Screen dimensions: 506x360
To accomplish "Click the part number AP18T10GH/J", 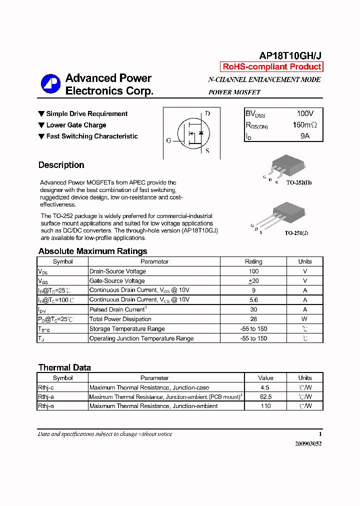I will (290, 56).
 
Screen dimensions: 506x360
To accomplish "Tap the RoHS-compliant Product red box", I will (271, 67).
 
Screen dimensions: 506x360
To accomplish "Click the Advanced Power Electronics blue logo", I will (50, 83).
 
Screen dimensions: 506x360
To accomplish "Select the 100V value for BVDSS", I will (305, 114).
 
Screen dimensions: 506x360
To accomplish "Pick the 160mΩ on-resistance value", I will (304, 125).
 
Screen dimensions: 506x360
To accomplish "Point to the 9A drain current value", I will (304, 136).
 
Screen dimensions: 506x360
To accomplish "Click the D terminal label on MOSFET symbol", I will (207, 113).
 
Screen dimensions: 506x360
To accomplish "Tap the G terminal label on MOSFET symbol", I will (168, 140).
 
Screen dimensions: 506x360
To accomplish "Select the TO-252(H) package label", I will (299, 182).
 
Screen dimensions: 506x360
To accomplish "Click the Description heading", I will (61, 165).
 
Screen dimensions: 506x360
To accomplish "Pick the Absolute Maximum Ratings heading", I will (92, 251).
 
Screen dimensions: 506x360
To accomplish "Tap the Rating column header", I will (253, 261).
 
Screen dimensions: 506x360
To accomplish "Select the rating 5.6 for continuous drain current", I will (253, 300).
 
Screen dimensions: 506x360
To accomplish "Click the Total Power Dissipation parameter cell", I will (120, 319).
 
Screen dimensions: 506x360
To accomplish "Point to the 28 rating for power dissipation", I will (253, 319).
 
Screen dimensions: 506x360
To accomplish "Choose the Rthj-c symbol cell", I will (46, 387).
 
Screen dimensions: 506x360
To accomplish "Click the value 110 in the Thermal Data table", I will (265, 406).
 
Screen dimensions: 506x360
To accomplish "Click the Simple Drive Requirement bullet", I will (86, 114).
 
